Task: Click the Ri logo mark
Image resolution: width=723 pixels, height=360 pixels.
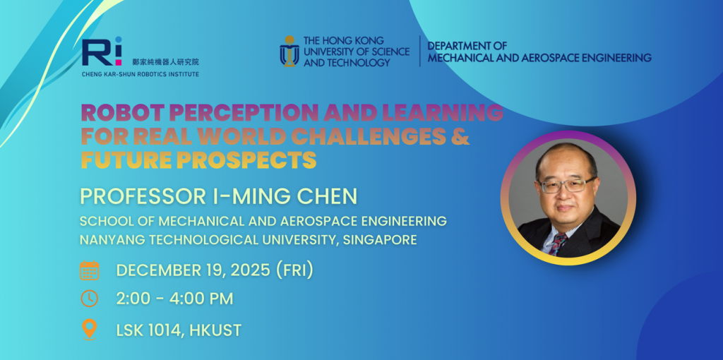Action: pyautogui.click(x=102, y=51)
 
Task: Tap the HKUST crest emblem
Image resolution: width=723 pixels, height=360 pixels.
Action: pyautogui.click(x=289, y=51)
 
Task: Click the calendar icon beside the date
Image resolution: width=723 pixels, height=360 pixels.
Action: pyautogui.click(x=90, y=270)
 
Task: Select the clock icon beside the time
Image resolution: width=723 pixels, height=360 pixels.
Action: pyautogui.click(x=90, y=298)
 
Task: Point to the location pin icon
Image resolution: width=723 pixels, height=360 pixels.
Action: pyautogui.click(x=90, y=329)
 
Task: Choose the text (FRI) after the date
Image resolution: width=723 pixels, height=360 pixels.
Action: pyautogui.click(x=294, y=270)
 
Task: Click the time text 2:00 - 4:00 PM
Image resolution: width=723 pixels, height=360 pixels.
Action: pyautogui.click(x=175, y=299)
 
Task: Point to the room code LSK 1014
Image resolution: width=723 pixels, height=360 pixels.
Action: pyautogui.click(x=151, y=330)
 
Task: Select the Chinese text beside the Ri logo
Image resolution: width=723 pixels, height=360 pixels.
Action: pyautogui.click(x=165, y=62)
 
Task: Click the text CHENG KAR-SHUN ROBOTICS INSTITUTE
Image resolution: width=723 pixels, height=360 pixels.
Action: pyautogui.click(x=141, y=74)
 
